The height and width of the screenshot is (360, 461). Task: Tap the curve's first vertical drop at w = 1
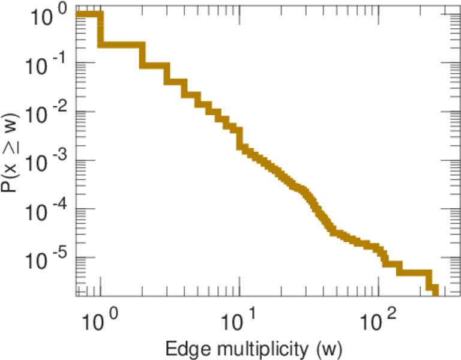[x=101, y=29]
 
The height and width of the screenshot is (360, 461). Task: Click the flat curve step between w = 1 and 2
[x=122, y=45]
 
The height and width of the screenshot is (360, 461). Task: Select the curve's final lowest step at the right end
[x=435, y=290]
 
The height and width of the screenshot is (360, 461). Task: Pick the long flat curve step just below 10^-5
[x=414, y=272]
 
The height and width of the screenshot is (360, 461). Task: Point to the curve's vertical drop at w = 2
[x=143, y=55]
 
